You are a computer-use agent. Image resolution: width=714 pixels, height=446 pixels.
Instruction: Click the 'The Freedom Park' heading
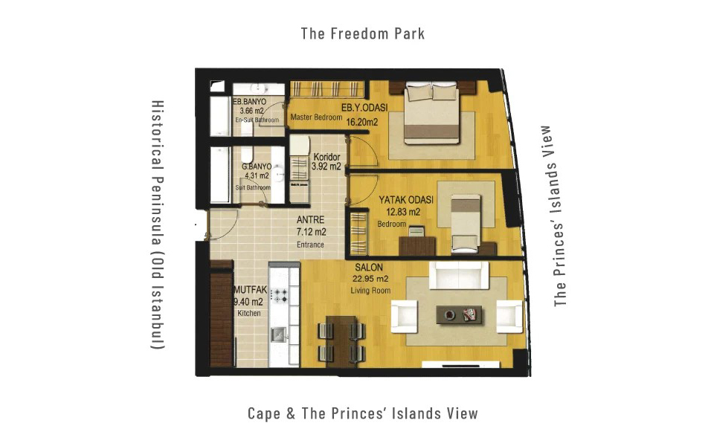coord(362,33)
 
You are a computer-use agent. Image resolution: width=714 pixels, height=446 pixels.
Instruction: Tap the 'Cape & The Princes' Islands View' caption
coord(363,413)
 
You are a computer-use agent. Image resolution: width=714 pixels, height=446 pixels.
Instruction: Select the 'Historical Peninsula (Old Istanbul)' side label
coord(158,224)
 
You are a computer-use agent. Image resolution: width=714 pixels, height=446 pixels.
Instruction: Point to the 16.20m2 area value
coord(362,121)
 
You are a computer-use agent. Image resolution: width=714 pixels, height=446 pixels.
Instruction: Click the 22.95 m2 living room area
coord(370,279)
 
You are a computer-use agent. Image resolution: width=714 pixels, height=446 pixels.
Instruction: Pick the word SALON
coord(369,268)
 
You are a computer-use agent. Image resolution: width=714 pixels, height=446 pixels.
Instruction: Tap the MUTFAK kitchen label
coord(250,289)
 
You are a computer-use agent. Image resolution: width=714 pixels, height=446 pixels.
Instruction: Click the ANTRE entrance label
coord(311,219)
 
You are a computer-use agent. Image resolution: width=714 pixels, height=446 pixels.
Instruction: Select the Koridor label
coord(327,157)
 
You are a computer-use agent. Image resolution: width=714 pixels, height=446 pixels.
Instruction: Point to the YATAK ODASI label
coord(406,200)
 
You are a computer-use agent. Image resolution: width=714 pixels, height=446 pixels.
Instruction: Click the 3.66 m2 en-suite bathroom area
coord(252,111)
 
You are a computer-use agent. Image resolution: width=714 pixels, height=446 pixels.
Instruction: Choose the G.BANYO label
coord(257,167)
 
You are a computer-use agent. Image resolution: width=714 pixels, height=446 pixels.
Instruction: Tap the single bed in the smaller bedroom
coord(466,224)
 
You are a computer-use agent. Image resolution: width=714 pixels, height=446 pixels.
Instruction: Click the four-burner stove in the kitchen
coord(279,295)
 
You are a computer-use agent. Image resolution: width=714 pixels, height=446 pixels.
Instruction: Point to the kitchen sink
coord(278,335)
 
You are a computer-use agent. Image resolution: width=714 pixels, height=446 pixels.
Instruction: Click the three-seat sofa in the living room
coord(459,275)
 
